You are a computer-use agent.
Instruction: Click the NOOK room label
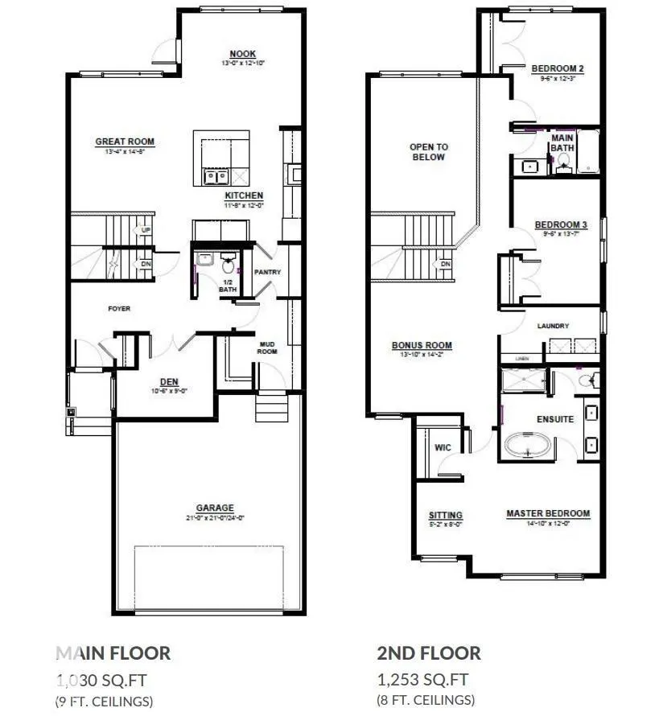pos(238,54)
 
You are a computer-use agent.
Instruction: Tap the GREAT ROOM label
pos(125,142)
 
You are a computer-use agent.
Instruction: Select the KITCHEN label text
pos(244,195)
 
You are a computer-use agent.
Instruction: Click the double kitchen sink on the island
pos(215,176)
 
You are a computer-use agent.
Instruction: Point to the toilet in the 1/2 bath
pos(228,263)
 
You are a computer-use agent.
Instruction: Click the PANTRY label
pos(267,272)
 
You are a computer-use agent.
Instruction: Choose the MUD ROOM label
pos(267,348)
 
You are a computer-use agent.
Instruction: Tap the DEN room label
pos(169,382)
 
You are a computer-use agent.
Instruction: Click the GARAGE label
pos(215,508)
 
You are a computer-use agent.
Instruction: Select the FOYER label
pos(119,308)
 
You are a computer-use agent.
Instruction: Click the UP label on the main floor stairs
pos(146,230)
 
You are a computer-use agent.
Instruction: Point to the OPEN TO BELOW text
pos(429,152)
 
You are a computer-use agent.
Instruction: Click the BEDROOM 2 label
pos(558,69)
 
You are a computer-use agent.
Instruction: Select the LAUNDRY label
pos(554,326)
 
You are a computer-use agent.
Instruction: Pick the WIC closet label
pos(443,446)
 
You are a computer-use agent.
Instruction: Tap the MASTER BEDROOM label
pos(548,513)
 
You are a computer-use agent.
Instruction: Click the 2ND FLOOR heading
pos(429,652)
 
